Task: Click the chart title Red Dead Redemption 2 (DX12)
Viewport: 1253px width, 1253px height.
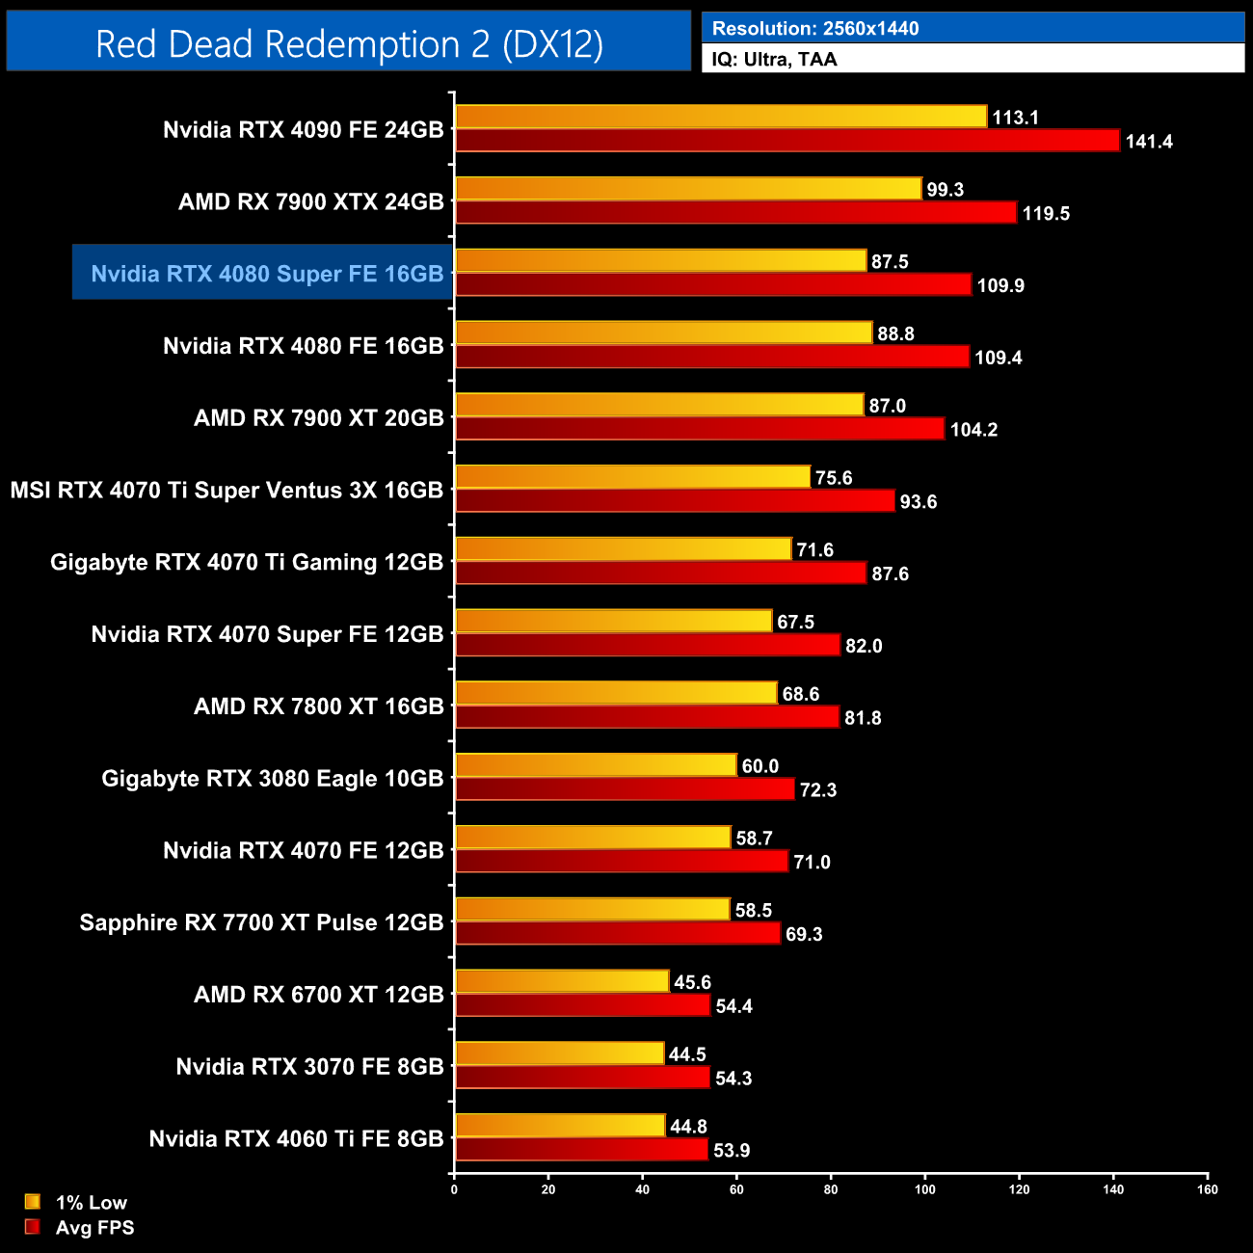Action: click(x=349, y=44)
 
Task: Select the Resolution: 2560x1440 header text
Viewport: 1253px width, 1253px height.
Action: click(x=815, y=29)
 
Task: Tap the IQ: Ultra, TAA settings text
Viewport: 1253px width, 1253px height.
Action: click(x=775, y=60)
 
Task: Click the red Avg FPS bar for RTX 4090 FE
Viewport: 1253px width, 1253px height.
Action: click(x=787, y=141)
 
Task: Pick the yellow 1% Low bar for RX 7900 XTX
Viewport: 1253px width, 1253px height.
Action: click(x=688, y=189)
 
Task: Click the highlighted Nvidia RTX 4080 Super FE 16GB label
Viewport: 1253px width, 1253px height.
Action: click(x=267, y=274)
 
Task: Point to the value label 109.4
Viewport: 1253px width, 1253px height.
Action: click(x=999, y=358)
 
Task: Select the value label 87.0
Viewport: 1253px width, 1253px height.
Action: click(x=887, y=406)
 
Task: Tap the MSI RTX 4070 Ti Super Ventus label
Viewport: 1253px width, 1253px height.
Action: click(x=227, y=490)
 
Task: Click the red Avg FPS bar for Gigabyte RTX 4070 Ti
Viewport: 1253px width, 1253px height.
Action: click(x=660, y=573)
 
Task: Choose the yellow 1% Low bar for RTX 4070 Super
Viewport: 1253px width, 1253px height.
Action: click(x=613, y=622)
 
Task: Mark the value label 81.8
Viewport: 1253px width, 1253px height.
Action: click(x=863, y=718)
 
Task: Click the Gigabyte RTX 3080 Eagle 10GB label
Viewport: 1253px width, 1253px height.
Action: click(x=273, y=778)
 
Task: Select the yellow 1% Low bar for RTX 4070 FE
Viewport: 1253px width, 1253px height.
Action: click(x=593, y=838)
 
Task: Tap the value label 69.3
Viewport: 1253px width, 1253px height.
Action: click(x=804, y=934)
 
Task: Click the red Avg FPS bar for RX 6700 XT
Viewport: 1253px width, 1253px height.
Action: click(x=582, y=1006)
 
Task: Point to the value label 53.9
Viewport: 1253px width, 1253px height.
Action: click(x=732, y=1150)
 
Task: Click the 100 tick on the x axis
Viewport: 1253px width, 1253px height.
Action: click(x=924, y=1189)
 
